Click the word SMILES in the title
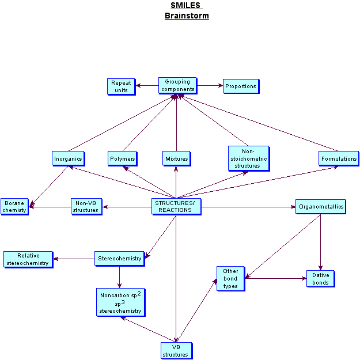point(185,6)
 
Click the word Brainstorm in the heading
point(186,16)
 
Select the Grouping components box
point(177,86)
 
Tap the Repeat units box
point(121,86)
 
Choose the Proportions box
point(241,86)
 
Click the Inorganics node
point(68,158)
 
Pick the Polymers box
point(122,158)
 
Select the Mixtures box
point(176,158)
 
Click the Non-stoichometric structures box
point(248,158)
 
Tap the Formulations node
point(339,158)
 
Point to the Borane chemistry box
point(14,207)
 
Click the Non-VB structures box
point(86,207)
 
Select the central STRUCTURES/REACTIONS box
point(176,207)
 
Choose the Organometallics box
point(320,207)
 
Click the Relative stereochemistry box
point(28,259)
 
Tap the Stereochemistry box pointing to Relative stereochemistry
point(119,259)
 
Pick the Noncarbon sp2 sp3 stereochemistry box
point(120,302)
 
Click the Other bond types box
point(230,278)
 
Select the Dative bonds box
point(320,279)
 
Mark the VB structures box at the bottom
point(176,351)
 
